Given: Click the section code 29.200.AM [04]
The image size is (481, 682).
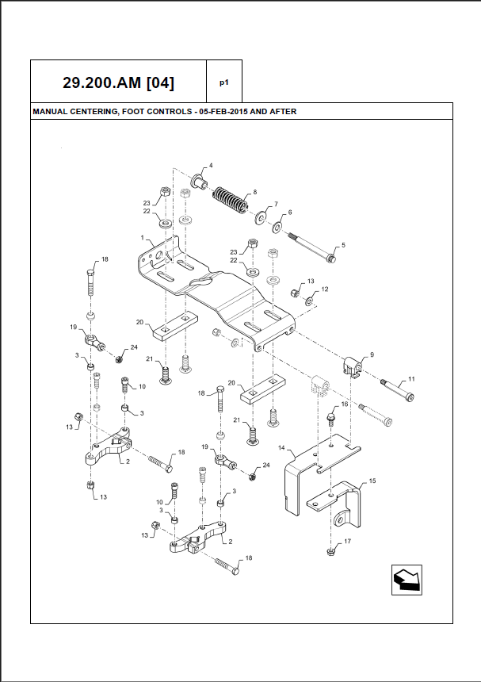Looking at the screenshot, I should (x=119, y=82).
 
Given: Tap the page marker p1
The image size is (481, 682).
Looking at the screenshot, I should (x=224, y=82).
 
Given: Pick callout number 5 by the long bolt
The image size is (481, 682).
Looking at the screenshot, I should (x=343, y=246).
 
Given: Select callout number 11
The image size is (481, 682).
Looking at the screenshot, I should (x=411, y=380).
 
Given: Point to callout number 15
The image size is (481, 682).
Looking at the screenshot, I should (x=372, y=481).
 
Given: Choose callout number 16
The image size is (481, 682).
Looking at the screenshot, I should (x=344, y=404).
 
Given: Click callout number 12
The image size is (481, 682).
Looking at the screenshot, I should (x=323, y=289).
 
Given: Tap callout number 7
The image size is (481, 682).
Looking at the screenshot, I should (x=275, y=204).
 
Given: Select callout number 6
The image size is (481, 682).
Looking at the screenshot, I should (x=289, y=213).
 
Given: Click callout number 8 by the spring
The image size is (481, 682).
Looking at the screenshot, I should (x=254, y=192).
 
